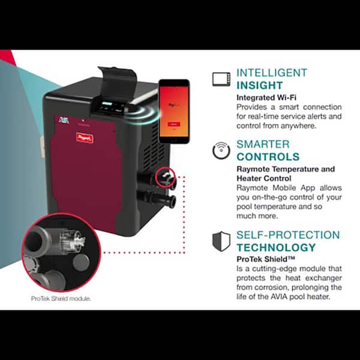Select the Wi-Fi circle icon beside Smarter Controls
(x=221, y=151)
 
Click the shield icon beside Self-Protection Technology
(x=221, y=241)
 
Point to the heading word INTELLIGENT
(x=271, y=73)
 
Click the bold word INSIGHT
(x=259, y=85)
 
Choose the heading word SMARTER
(x=263, y=145)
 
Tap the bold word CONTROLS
(x=268, y=157)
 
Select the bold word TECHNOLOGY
(x=275, y=247)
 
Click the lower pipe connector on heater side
(x=161, y=199)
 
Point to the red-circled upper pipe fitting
(x=166, y=176)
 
